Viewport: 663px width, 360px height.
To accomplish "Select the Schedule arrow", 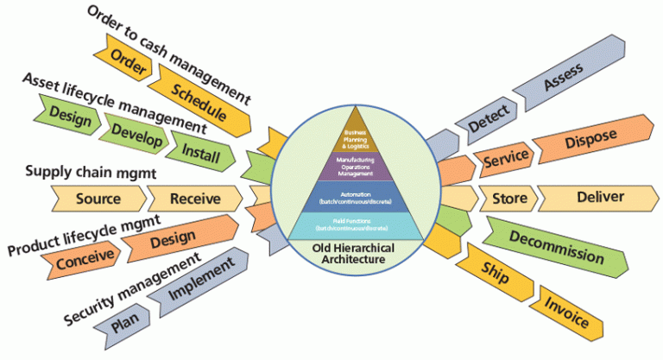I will tap(198, 101).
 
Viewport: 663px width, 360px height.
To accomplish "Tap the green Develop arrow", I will tap(129, 133).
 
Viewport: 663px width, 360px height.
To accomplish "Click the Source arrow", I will tap(98, 199).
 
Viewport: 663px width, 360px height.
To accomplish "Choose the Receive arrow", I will tap(193, 199).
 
